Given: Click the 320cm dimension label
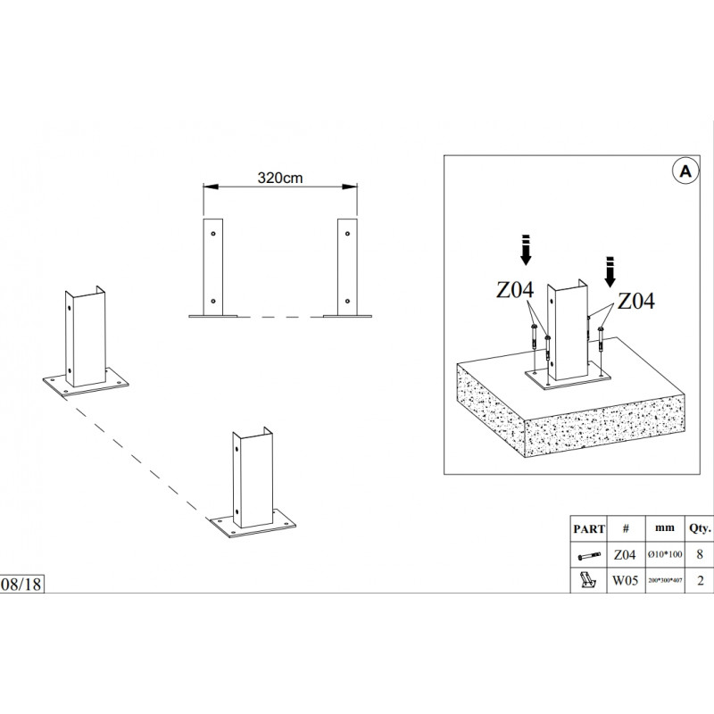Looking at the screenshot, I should click(x=281, y=178).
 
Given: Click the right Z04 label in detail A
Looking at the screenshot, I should click(x=635, y=301).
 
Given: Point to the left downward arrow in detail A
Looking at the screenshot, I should click(x=527, y=251).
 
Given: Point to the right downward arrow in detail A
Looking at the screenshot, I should click(x=611, y=269).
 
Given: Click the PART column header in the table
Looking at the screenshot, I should click(x=590, y=527).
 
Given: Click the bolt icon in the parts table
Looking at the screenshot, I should click(x=590, y=554).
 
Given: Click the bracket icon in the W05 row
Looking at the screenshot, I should click(x=590, y=580).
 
